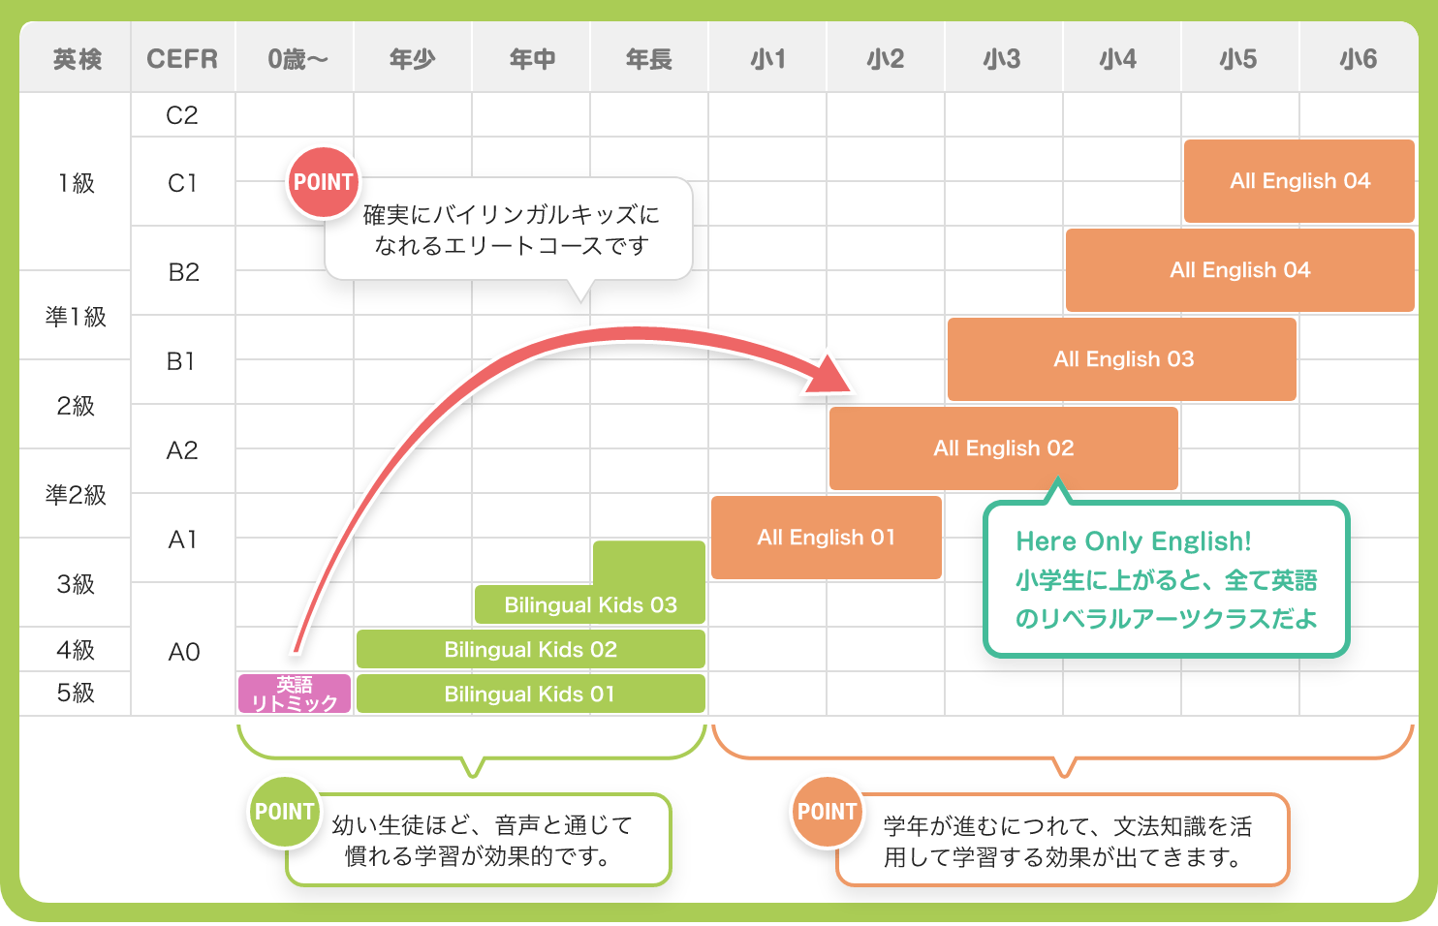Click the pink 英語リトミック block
coord(295,694)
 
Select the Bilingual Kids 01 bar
coord(530,694)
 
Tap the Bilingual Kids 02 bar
coord(530,649)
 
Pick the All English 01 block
coord(826,538)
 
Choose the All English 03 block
coord(1122,359)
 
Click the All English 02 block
coord(1003,448)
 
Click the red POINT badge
coord(323,182)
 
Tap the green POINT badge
coord(284,812)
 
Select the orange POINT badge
coord(827,812)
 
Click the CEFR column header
coord(182,59)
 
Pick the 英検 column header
coord(77,59)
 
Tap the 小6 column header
coord(1358,59)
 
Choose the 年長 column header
coord(649,59)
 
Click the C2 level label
coord(182,115)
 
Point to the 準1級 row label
coord(76,317)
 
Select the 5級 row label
coord(76,693)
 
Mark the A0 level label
coord(183,652)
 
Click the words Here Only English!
coord(1133,541)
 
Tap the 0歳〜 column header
coord(297,59)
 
